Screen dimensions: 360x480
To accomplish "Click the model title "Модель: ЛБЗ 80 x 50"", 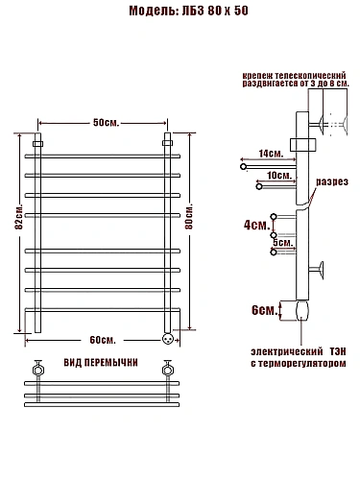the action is coord(188,11).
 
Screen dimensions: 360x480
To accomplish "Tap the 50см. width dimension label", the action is coord(106,123).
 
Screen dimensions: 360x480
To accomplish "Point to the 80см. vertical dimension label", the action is coord(189,218).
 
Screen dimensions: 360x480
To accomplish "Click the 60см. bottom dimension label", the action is coord(103,340).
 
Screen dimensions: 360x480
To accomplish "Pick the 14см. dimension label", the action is coord(271,154).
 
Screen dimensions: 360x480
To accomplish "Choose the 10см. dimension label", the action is coord(279,176).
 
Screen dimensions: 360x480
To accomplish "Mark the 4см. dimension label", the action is coord(257,225).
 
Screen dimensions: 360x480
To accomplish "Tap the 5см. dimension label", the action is coord(283,243).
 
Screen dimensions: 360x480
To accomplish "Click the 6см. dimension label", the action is coord(264,310).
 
